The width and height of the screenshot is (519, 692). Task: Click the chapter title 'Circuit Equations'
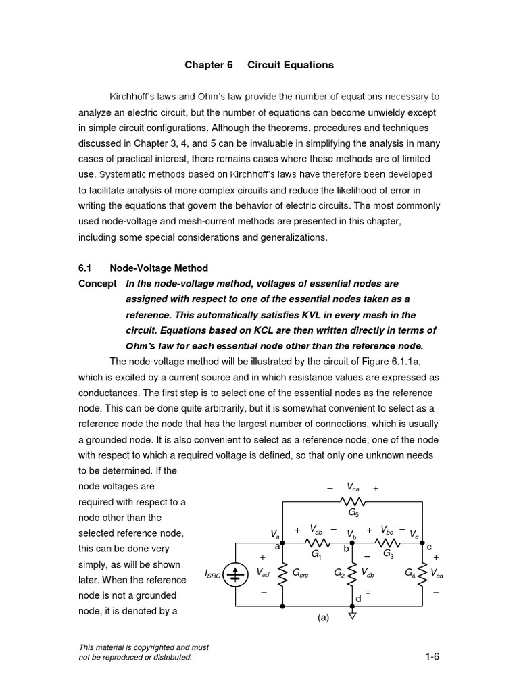pos(291,65)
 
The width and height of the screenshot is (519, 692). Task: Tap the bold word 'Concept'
pos(98,284)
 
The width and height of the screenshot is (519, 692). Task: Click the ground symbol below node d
pos(352,614)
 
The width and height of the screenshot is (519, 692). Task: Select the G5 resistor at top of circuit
pos(352,502)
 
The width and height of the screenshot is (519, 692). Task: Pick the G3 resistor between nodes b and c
pos(387,542)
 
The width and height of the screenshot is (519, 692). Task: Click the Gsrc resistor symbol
pos(282,573)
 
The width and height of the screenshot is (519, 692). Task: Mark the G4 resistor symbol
pos(422,573)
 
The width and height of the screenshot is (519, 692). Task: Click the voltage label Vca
pos(353,487)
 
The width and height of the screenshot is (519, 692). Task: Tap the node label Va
pos(276,534)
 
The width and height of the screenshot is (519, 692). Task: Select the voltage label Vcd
pos(437,574)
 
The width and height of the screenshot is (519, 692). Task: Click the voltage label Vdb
pos(368,573)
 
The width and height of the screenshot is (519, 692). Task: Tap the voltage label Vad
pos(263,573)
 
